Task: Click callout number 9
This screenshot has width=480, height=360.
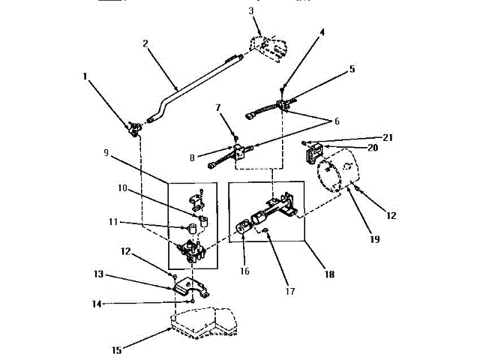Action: pos(106,152)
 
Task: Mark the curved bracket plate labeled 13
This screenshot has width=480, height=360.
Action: pos(187,289)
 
